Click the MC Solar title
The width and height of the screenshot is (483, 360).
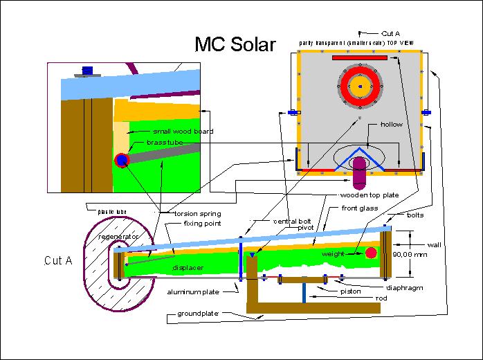(x=235, y=44)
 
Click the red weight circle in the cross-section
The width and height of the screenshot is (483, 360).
(x=372, y=253)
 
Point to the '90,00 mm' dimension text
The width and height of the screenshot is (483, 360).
(x=410, y=255)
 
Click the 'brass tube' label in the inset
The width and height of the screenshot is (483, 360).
(x=165, y=142)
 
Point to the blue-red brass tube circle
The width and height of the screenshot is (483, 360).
(x=122, y=160)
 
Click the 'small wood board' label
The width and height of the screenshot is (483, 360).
(x=183, y=131)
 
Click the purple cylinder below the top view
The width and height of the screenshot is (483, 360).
(x=360, y=173)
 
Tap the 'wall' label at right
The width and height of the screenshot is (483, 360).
(x=435, y=244)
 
